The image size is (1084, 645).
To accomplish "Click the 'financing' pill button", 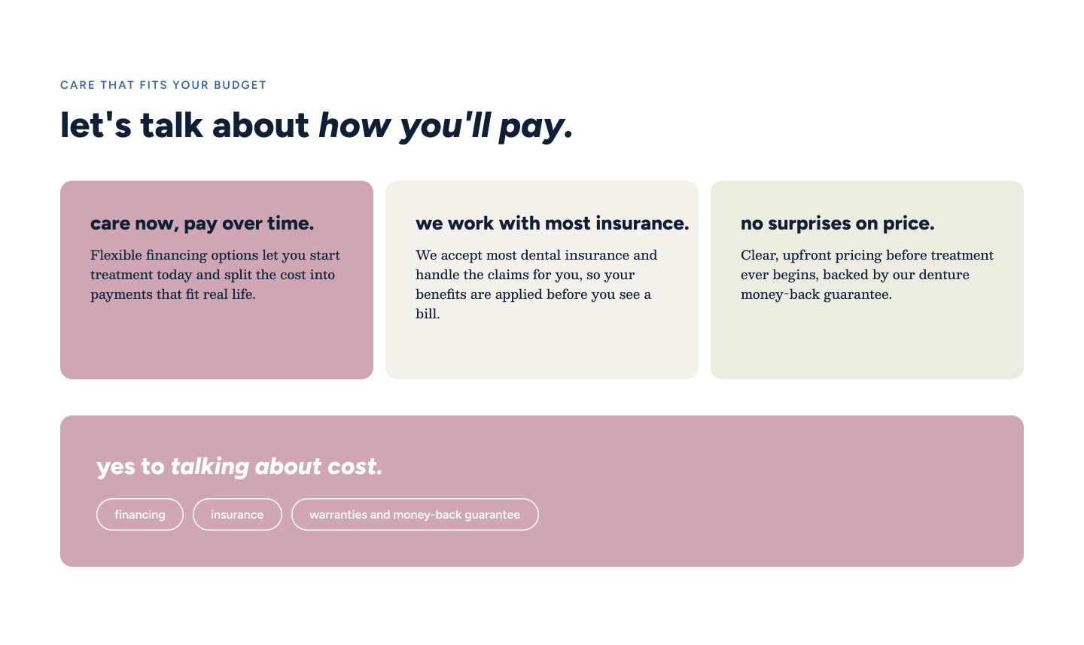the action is pyautogui.click(x=140, y=514).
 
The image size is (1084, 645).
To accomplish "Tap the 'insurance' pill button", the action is pyautogui.click(x=237, y=514).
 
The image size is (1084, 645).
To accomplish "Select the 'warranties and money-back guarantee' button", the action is pyautogui.click(x=415, y=514).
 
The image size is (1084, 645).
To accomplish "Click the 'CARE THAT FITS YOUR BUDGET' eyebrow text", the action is pyautogui.click(x=163, y=85).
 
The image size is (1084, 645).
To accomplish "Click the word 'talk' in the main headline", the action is pyautogui.click(x=172, y=125).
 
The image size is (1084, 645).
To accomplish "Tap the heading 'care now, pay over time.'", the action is pyautogui.click(x=202, y=224).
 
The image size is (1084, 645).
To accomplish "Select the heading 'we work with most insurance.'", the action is pyautogui.click(x=553, y=224).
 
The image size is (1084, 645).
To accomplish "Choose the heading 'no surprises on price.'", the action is pyautogui.click(x=837, y=224).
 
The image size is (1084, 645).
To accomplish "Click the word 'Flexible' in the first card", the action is pyautogui.click(x=116, y=255).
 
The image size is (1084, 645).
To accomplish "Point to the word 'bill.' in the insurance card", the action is pyautogui.click(x=428, y=314).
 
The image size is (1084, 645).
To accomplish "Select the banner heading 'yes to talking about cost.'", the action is pyautogui.click(x=239, y=467).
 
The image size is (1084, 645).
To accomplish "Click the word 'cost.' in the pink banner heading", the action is pyautogui.click(x=355, y=467).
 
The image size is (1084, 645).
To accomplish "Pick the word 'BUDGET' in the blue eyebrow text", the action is pyautogui.click(x=240, y=85).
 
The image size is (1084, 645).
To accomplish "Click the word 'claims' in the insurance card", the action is pyautogui.click(x=508, y=275).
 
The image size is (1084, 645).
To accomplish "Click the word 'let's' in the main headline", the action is pyautogui.click(x=96, y=125).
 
